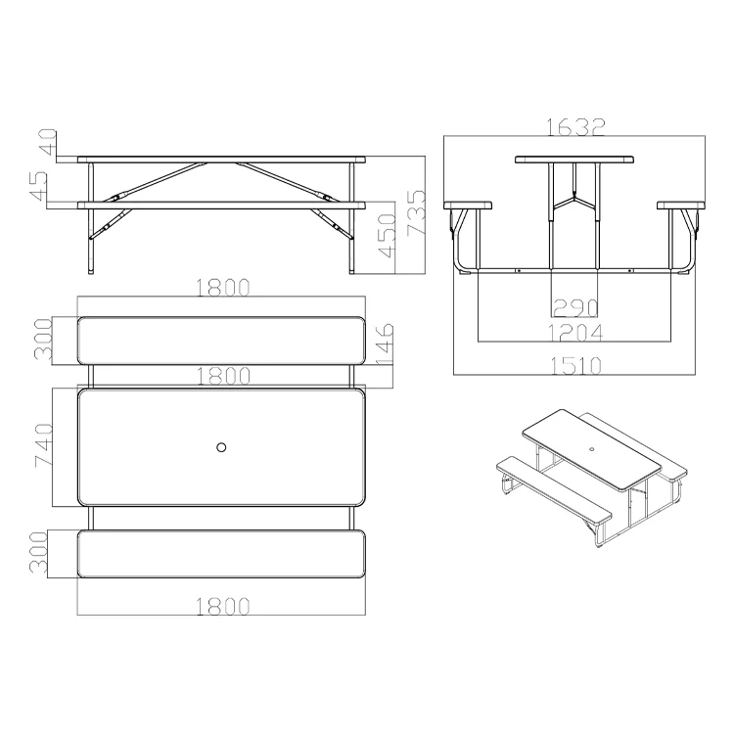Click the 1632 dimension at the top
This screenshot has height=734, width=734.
(x=574, y=127)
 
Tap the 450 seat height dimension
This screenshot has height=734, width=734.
(x=389, y=241)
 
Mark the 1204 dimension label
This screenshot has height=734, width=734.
(x=574, y=334)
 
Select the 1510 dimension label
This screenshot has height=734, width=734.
(x=574, y=365)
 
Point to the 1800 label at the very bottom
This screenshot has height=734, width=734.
(x=221, y=606)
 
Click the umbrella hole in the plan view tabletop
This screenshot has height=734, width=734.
(x=221, y=447)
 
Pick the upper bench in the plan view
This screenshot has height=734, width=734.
(x=221, y=340)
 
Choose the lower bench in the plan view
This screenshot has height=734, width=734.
(x=221, y=554)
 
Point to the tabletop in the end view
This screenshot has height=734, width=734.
(x=574, y=159)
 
